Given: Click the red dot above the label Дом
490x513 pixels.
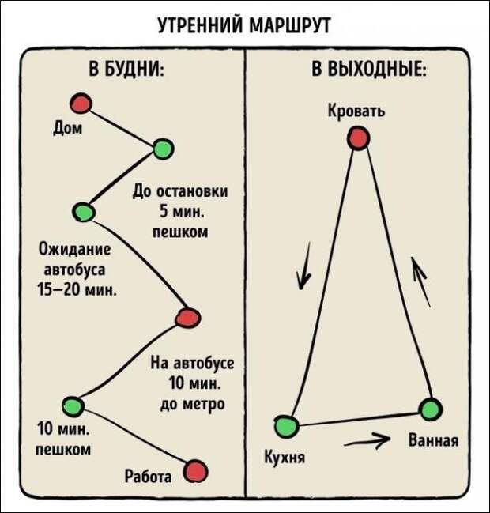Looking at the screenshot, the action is pyautogui.click(x=81, y=104).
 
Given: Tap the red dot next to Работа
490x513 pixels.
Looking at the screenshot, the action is pyautogui.click(x=195, y=471).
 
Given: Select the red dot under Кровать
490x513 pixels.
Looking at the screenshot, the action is pyautogui.click(x=359, y=138).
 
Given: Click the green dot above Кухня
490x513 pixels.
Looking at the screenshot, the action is pyautogui.click(x=286, y=426).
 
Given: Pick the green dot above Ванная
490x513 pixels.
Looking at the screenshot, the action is pyautogui.click(x=431, y=409).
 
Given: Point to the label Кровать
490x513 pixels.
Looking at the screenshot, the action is pyautogui.click(x=356, y=111).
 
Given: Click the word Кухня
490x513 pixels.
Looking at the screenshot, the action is pyautogui.click(x=285, y=456).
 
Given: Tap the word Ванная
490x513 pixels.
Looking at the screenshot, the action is pyautogui.click(x=433, y=440).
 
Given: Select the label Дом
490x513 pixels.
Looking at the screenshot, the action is pyautogui.click(x=68, y=128).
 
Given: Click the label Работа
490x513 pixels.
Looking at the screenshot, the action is pyautogui.click(x=148, y=477).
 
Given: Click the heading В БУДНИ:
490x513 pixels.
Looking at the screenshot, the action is pyautogui.click(x=126, y=69).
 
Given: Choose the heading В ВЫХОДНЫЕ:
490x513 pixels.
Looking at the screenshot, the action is pyautogui.click(x=369, y=69).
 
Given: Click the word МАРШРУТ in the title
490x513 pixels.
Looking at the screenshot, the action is pyautogui.click(x=289, y=25).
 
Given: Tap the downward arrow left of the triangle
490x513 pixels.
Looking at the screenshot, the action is pyautogui.click(x=303, y=266).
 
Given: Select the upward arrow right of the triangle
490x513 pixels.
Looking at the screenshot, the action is pyautogui.click(x=420, y=282).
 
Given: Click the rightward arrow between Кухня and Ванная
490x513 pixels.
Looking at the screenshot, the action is pyautogui.click(x=367, y=441).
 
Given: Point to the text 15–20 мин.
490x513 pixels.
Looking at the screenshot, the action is pyautogui.click(x=77, y=290).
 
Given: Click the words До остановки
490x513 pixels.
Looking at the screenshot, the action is pyautogui.click(x=180, y=191).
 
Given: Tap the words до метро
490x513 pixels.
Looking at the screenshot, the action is pyautogui.click(x=193, y=404).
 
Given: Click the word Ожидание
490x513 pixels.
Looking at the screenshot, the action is pyautogui.click(x=75, y=249).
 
